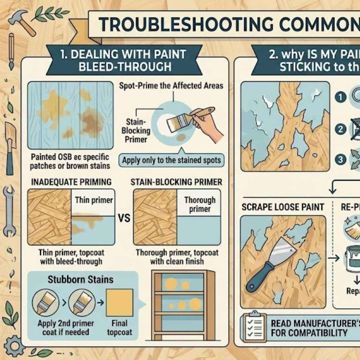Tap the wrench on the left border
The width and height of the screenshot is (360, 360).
(x=9, y=211)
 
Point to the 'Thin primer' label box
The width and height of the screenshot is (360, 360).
(x=94, y=200)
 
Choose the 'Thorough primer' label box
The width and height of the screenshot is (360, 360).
(x=200, y=204)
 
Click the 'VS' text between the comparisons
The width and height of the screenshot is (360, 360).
(x=124, y=218)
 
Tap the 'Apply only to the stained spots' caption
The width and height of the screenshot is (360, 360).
(x=172, y=161)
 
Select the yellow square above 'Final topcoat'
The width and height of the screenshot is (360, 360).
(x=119, y=302)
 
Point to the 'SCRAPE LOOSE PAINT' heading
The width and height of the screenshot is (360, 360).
(x=283, y=207)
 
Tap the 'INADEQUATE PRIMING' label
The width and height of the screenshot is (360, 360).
(x=71, y=182)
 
